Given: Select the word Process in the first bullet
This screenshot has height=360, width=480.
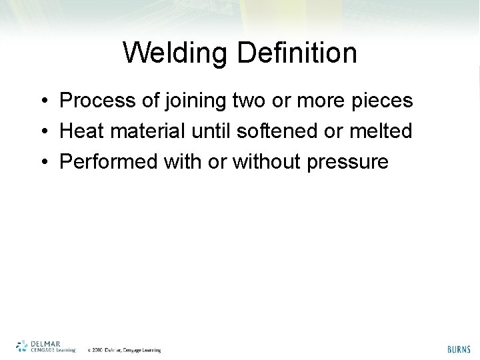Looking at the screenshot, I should click(95, 101).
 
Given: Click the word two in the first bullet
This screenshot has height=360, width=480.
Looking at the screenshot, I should click(248, 101).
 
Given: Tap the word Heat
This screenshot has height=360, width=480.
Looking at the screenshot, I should click(80, 131).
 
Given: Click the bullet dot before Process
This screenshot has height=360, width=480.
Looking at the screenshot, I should click(42, 102).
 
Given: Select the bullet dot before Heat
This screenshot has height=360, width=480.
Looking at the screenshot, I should click(42, 131).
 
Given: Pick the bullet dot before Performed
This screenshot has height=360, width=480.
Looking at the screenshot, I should click(42, 161).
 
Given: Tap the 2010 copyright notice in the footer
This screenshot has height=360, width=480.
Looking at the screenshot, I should click(125, 349).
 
